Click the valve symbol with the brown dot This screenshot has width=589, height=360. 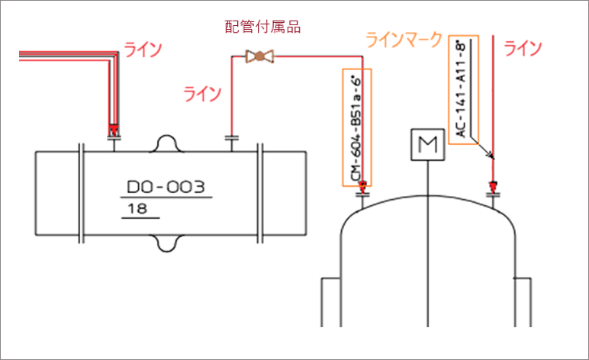[x=259, y=56]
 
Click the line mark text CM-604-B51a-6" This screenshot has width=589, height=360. [x=356, y=128]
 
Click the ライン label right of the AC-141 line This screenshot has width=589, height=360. [x=523, y=49]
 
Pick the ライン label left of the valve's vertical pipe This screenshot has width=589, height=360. [x=202, y=94]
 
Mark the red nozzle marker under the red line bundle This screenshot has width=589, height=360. [x=114, y=129]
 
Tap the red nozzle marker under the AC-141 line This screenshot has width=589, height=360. [x=494, y=185]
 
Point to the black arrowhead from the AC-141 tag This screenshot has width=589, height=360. [x=491, y=156]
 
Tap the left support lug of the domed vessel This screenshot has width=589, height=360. [x=330, y=301]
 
